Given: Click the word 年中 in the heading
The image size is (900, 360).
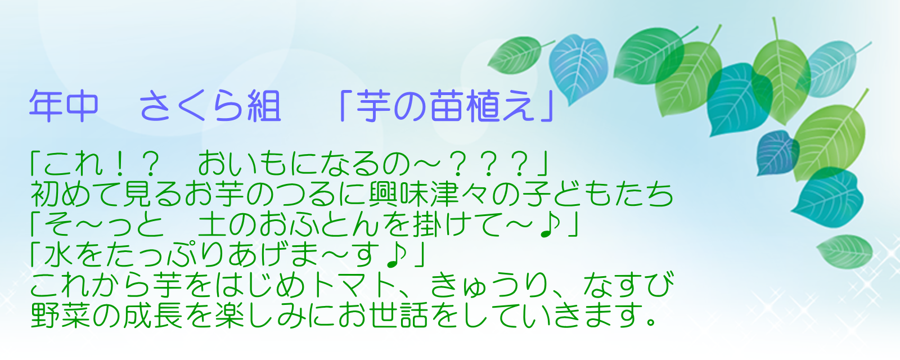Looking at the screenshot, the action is point(64,106).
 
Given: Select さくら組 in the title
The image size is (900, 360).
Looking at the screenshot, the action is point(210,106).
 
